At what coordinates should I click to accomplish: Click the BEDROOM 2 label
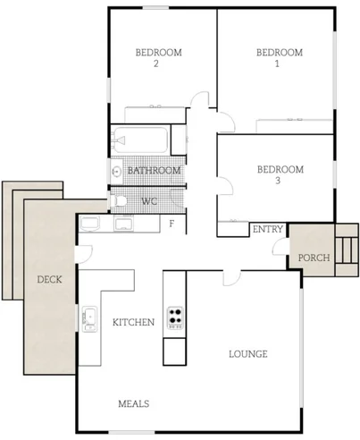pos(158,58)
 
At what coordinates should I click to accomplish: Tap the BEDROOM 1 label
pos(280,58)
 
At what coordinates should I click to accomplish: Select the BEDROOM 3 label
pos(280,174)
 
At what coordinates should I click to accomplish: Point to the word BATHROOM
pos(155,170)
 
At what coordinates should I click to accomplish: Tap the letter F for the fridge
pos(172,223)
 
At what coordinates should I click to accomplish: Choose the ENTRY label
pos(268,230)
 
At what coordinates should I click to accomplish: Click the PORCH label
pos(315,258)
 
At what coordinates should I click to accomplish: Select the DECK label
pos(49,280)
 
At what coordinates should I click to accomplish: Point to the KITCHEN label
pos(133,322)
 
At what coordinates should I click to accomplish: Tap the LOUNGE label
pos(248,354)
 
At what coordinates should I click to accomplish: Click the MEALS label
pos(134,403)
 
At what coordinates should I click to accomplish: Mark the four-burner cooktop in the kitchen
pos(175,318)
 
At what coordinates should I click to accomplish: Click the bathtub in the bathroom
pos(140,140)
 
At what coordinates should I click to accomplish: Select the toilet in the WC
pos(119,200)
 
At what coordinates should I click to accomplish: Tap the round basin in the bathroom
pos(116,170)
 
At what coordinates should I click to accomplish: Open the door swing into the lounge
pos(232,276)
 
